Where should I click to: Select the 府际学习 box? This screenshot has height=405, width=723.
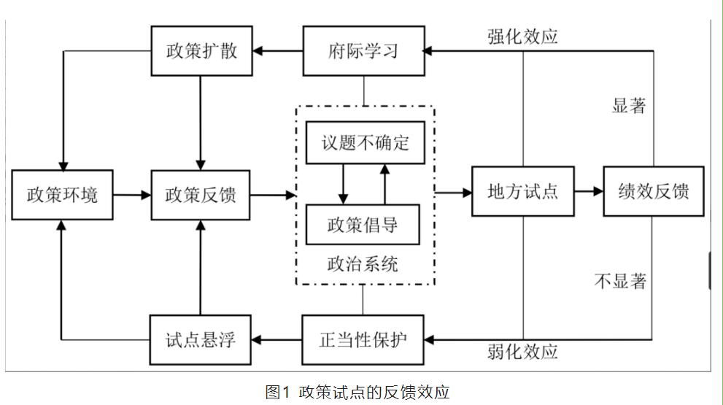(x=363, y=51)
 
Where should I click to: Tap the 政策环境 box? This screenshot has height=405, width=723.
(x=62, y=195)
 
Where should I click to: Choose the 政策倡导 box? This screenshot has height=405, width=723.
(x=363, y=225)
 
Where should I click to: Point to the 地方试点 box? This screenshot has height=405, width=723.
(x=522, y=192)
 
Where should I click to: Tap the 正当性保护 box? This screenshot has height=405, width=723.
(x=363, y=339)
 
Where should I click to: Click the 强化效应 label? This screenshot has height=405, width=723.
(x=522, y=37)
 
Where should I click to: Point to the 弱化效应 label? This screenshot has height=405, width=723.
(x=522, y=352)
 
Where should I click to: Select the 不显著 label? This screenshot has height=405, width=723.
(x=620, y=281)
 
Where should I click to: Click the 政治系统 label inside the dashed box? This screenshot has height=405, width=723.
(x=363, y=263)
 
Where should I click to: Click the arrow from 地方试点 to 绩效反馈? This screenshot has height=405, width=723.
(x=589, y=192)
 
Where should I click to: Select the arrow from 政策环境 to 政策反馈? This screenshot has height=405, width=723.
(x=132, y=195)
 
